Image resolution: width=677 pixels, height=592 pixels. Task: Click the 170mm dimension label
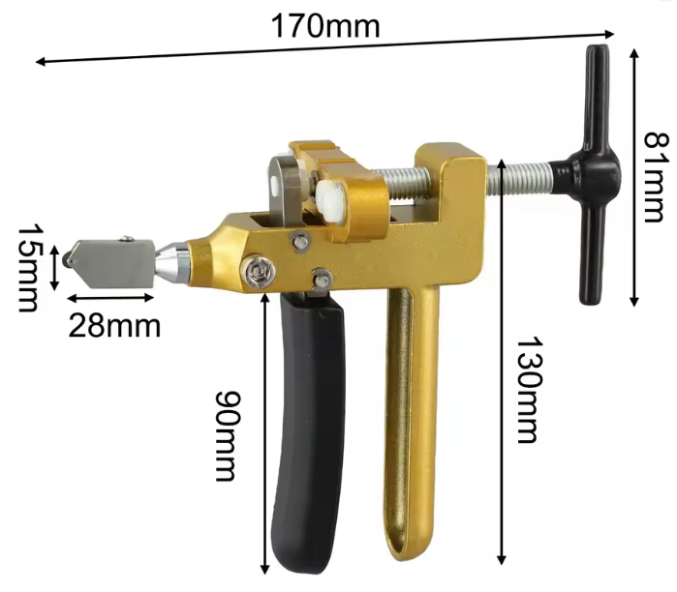click(x=325, y=26)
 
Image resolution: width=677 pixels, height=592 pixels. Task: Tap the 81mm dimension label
click(x=657, y=177)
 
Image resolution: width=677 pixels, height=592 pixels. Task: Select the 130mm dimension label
click(x=529, y=390)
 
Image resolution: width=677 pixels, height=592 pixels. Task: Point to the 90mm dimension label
click(x=227, y=435)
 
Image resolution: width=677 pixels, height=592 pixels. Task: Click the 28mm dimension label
click(x=114, y=326)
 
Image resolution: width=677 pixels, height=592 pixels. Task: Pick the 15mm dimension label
click(x=28, y=267)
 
